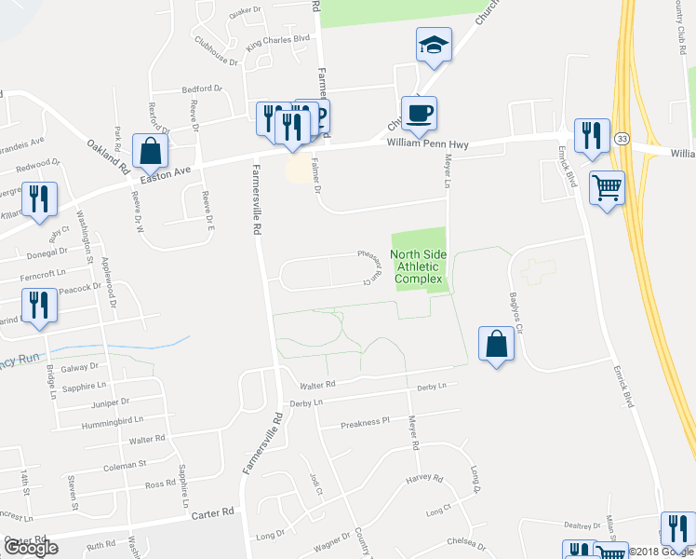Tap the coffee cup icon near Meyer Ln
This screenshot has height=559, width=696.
pos(419,114)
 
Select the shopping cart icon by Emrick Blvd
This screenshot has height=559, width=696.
pos(607,188)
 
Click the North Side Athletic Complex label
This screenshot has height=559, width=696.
pos(417,266)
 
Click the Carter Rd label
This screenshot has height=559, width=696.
pos(209,513)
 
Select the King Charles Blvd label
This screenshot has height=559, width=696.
pos(276,42)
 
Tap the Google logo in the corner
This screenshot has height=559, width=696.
pos(30,548)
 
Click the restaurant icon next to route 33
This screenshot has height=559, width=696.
pos(591,136)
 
